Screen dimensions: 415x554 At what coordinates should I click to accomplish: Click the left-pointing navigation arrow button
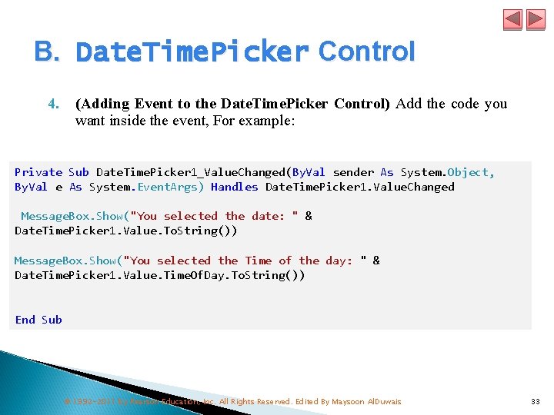[512, 19]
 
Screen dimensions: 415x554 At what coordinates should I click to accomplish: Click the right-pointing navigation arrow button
[535, 19]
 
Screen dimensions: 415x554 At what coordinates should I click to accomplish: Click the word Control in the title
[366, 51]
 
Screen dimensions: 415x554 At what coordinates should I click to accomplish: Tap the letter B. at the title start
[46, 51]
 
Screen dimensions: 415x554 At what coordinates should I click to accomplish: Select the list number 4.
[53, 104]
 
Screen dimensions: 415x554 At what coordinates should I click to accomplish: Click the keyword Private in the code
[38, 172]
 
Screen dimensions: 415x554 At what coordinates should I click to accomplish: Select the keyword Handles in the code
[234, 187]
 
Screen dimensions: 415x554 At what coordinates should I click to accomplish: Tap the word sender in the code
[353, 172]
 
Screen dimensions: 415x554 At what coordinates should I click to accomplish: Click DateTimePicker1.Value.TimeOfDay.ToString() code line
[159, 275]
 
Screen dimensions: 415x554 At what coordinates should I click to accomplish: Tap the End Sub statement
[38, 320]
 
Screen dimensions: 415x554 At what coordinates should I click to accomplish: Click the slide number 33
[536, 401]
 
